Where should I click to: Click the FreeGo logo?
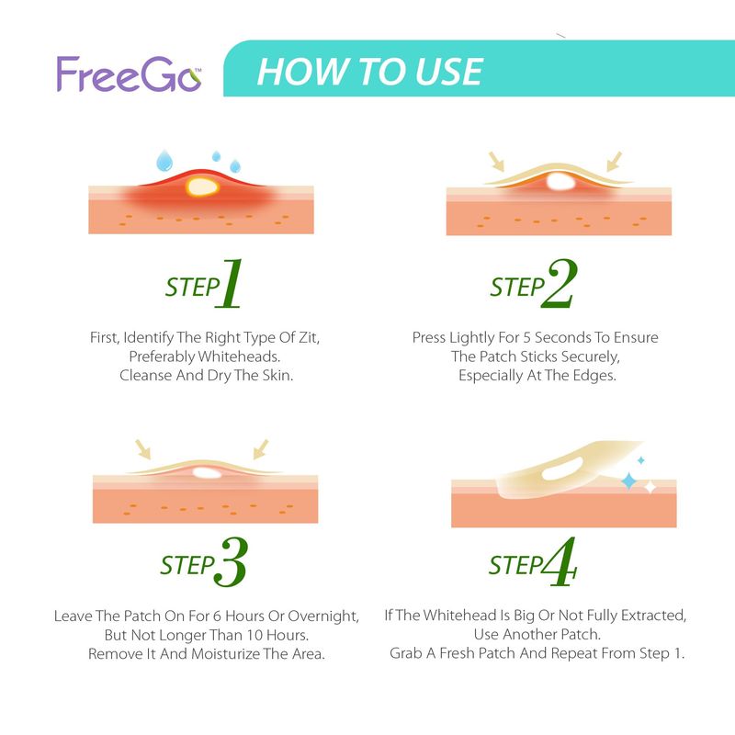[129, 74]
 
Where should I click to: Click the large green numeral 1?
[229, 284]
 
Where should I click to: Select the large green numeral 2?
[560, 283]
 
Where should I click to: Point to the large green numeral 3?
[231, 562]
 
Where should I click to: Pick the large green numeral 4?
[560, 561]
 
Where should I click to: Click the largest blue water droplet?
[164, 160]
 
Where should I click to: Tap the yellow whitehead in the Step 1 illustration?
[202, 187]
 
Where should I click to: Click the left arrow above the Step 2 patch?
[496, 162]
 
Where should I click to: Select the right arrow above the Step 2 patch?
[614, 162]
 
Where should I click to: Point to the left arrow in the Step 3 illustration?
[143, 449]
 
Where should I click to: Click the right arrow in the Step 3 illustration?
[261, 449]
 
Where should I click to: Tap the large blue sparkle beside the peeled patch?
[628, 481]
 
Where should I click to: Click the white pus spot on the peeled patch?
[562, 469]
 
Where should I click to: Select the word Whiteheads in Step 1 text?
[239, 356]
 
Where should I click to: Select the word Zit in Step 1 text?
[309, 337]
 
